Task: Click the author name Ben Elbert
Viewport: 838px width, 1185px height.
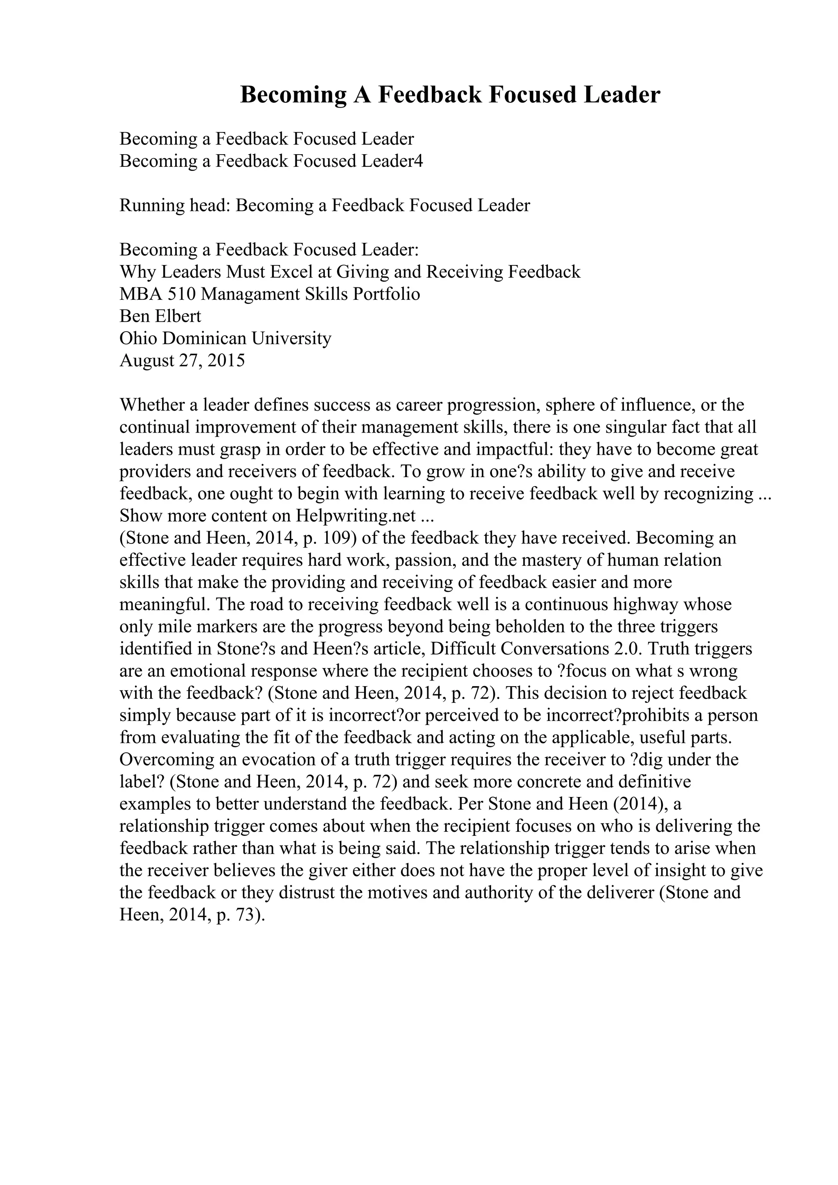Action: pos(160,316)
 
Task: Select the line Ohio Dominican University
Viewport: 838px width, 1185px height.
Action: pos(225,338)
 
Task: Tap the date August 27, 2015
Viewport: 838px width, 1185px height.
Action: pos(182,360)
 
